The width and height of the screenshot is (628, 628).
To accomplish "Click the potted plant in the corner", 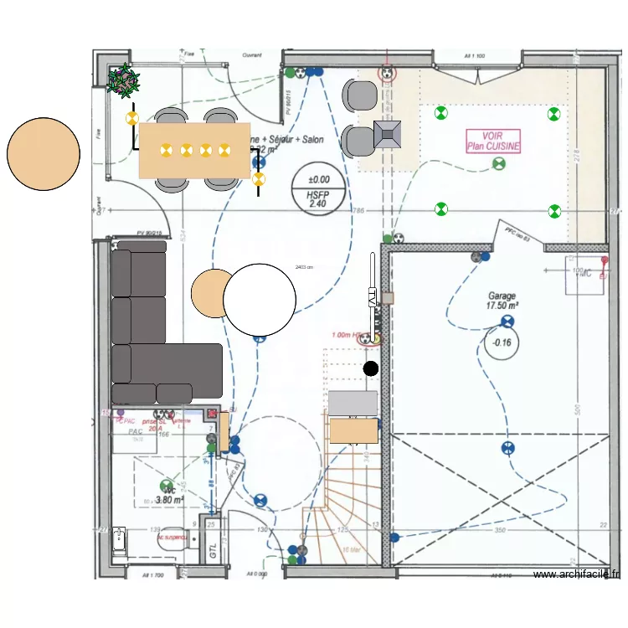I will pos(125,80).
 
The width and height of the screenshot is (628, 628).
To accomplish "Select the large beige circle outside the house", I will pos(44,154).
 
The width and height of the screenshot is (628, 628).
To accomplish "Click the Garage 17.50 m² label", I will pos(502,301).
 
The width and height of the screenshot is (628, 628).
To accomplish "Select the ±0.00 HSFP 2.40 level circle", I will pos(319,190).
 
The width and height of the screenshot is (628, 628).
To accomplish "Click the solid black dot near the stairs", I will pos(371,368).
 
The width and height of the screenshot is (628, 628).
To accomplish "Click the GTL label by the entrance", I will pos(213,550).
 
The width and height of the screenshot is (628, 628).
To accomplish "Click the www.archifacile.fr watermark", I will pos(577,574).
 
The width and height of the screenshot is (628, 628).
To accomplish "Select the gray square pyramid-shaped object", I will pos(389,133).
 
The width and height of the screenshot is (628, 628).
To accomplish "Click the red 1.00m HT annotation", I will pos(346,336).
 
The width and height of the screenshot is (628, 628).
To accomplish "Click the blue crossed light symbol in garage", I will pos(506,322).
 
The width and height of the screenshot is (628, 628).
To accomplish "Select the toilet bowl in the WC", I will pos(116,542).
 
